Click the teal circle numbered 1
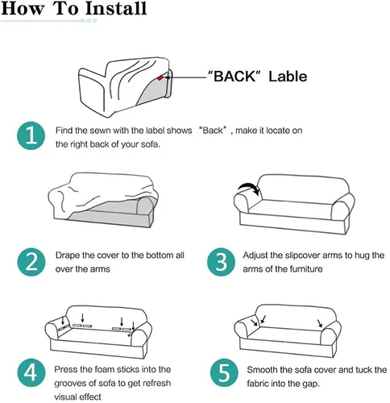point(31,135)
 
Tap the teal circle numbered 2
point(31,262)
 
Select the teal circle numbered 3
point(222,262)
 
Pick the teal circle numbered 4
point(31,372)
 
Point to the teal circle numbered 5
point(224,372)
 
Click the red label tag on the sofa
point(160,77)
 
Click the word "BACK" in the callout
point(234,76)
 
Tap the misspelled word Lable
point(288,76)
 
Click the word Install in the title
point(116,8)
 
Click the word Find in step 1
point(64,131)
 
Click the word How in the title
point(23,8)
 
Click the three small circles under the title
point(89,21)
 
